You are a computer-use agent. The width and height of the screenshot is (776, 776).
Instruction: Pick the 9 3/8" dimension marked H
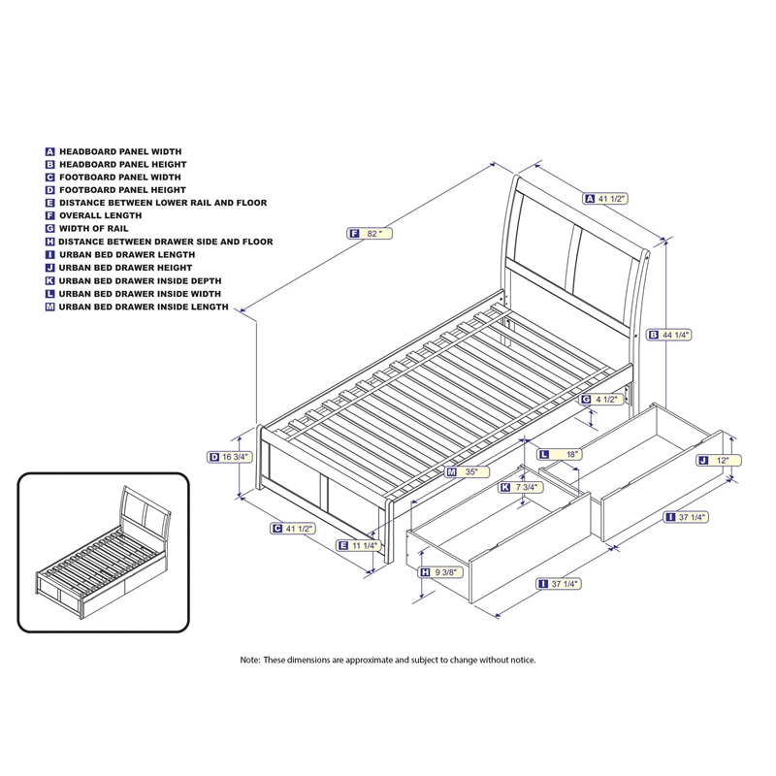pyautogui.click(x=444, y=572)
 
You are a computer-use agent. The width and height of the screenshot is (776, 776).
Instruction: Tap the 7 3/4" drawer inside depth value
pyautogui.click(x=525, y=488)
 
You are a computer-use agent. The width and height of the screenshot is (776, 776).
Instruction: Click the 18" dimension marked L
pyautogui.click(x=571, y=454)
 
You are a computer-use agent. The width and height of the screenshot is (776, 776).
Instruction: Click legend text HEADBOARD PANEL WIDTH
pyautogui.click(x=120, y=152)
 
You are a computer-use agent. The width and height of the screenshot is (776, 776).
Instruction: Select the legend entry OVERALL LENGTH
pyautogui.click(x=101, y=216)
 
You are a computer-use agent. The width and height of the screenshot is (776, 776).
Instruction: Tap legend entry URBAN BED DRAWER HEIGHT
pyautogui.click(x=125, y=268)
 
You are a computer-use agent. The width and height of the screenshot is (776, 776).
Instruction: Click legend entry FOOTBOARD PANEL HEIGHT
pyautogui.click(x=122, y=191)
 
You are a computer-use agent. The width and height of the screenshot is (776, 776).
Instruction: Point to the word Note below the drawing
pyautogui.click(x=250, y=660)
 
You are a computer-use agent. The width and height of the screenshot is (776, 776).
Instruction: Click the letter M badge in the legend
pyautogui.click(x=49, y=307)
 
